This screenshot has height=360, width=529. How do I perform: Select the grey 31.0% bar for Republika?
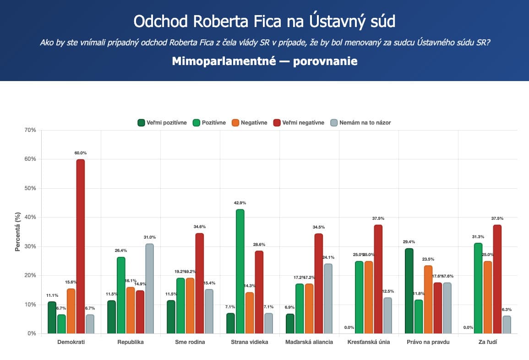point(149,289)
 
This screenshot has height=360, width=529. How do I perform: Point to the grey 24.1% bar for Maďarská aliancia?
point(328,299)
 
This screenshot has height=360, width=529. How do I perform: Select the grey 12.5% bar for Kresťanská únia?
point(387,316)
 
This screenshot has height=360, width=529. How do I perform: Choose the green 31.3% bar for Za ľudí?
point(478,288)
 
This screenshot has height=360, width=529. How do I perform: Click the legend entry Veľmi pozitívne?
point(162,122)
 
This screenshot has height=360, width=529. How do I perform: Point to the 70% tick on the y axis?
point(31,130)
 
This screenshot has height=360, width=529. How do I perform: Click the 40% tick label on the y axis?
point(31,217)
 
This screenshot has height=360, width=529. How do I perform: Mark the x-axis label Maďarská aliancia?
point(309,342)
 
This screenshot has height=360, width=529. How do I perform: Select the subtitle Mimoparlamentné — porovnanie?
point(264,61)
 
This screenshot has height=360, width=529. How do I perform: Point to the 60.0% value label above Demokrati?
point(81,153)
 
